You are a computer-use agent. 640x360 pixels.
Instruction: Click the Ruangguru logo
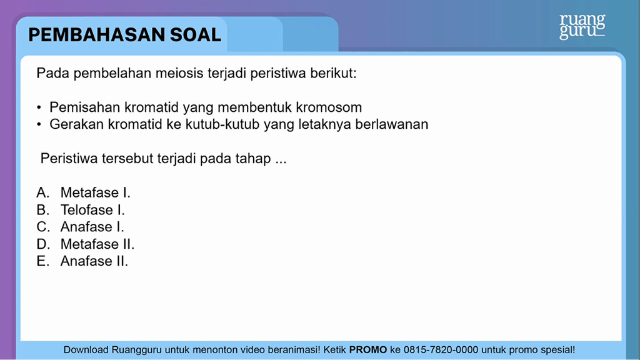[582, 26]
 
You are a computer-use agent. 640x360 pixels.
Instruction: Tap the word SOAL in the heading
[196, 35]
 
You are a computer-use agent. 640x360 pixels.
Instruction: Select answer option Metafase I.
[96, 192]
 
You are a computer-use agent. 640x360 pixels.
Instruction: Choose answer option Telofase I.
[92, 210]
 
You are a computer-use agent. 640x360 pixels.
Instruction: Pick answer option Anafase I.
[92, 227]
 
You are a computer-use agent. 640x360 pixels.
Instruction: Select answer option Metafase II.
[97, 244]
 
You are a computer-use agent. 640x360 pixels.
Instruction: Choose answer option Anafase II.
[94, 261]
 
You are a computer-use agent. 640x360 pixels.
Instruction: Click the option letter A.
[43, 192]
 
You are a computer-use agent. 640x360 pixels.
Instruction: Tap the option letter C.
[43, 227]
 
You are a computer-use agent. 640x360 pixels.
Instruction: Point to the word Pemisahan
[85, 107]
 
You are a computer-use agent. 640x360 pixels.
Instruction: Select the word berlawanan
[392, 124]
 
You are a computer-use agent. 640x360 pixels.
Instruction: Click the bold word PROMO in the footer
[368, 350]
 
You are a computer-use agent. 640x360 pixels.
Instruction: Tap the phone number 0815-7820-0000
[441, 350]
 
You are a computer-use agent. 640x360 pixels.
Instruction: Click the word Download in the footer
[86, 350]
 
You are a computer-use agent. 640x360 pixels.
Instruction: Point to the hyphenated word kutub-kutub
[222, 124]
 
